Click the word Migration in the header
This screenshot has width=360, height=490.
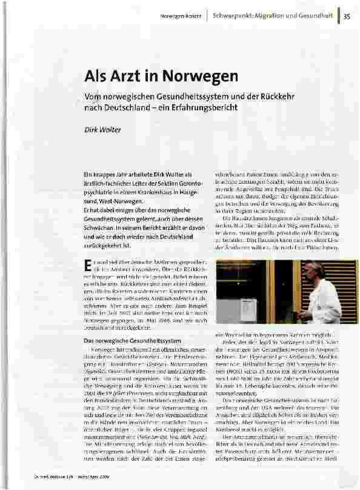tap(279, 15)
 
